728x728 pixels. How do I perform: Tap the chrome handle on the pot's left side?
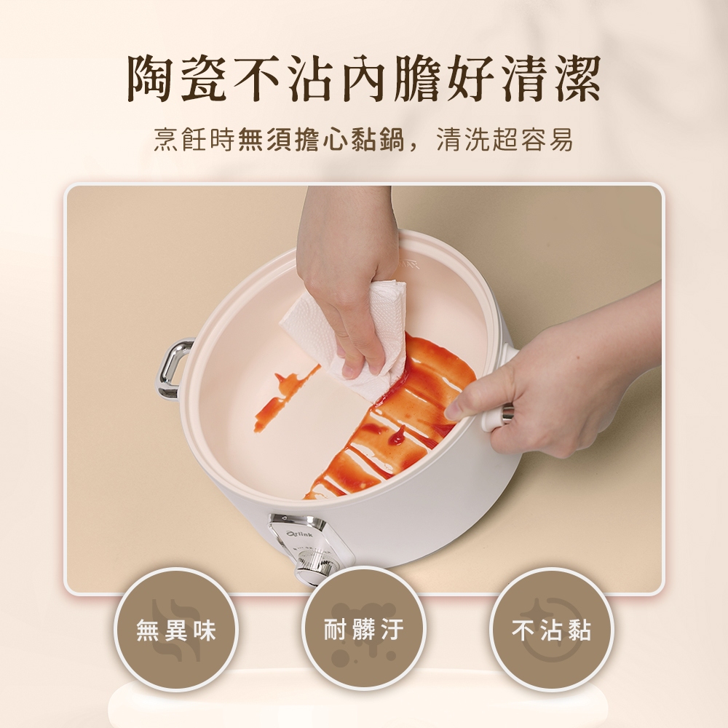coord(173,368)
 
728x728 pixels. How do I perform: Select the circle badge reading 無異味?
coord(176,630)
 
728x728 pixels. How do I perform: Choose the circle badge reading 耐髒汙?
coord(363,630)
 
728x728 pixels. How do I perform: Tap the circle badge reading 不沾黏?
coord(551,630)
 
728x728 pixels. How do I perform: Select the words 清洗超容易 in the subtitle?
coord(505,139)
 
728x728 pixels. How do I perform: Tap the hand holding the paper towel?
coord(348,279)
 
